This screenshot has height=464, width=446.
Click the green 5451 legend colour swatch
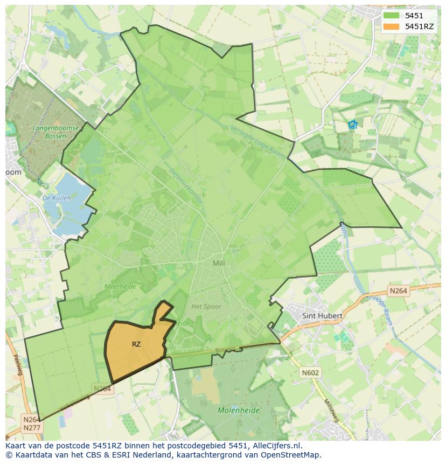click(x=391, y=16)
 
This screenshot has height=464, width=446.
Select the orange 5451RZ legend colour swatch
click(x=391, y=26)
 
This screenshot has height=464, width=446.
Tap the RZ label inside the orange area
click(x=136, y=344)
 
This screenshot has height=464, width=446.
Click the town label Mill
click(x=219, y=264)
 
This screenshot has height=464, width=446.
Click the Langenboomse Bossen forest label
click(x=56, y=132)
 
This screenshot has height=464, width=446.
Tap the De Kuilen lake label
click(x=57, y=198)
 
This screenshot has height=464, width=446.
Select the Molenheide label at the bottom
click(x=239, y=410)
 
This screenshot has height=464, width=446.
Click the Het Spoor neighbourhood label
click(x=206, y=307)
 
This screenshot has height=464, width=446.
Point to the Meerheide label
click(x=120, y=287)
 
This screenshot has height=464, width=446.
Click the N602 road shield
click(x=310, y=372)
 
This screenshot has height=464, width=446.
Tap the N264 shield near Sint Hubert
click(x=398, y=291)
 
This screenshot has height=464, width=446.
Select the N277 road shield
click(x=31, y=427)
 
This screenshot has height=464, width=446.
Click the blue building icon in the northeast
click(x=353, y=125)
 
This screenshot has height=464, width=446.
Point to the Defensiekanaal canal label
click(x=185, y=185)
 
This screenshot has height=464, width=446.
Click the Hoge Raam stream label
click(x=382, y=311)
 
